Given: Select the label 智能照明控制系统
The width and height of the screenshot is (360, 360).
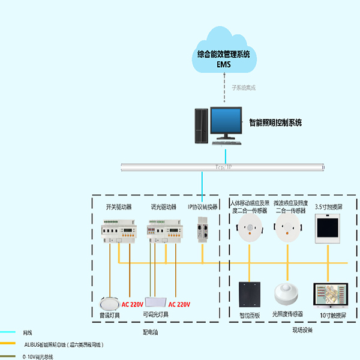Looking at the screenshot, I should (275, 123).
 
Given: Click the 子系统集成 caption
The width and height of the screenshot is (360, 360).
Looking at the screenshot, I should (244, 88).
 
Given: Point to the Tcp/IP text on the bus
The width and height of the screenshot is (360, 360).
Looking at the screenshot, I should (223, 167).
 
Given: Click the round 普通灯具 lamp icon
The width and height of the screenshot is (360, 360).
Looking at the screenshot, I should (110, 302).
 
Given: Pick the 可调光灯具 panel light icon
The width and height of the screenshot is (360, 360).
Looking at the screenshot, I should (155, 303).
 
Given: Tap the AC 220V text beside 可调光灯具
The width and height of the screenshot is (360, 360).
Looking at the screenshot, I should (179, 304).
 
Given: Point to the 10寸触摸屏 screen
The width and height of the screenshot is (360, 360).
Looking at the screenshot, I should (328, 295).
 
